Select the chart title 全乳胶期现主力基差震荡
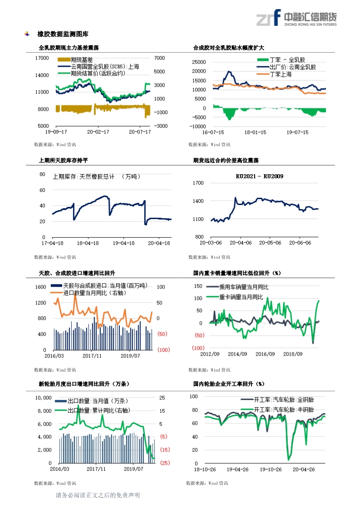click(x=69, y=48)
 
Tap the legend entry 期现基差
click(x=82, y=59)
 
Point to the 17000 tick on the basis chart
click(x=42, y=58)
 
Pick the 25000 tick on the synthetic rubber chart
click(x=199, y=62)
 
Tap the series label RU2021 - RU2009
click(x=259, y=176)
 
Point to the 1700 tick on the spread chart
click(x=198, y=183)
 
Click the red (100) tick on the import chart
click(x=163, y=350)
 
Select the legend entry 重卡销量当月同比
click(x=242, y=297)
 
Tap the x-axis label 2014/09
click(x=237, y=354)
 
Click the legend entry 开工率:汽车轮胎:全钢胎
click(x=284, y=400)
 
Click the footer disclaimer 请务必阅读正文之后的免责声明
click(x=97, y=495)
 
